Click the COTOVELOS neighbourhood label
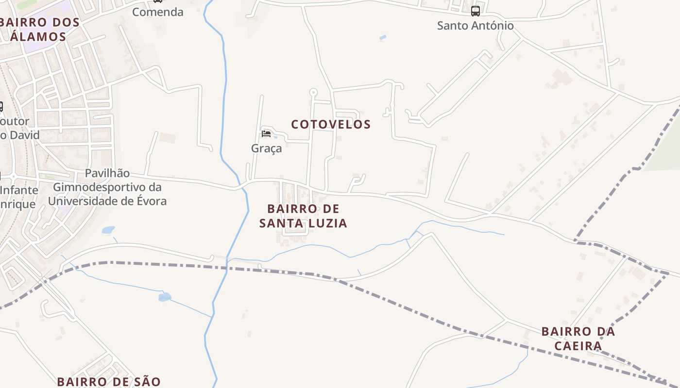coord(331,125)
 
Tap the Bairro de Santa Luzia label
coord(303,216)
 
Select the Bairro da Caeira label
coord(578,339)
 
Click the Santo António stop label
coord(475,26)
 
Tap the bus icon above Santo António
coord(475,11)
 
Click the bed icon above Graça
coord(266,134)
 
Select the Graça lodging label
coord(266,148)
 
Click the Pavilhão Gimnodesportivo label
coord(107,187)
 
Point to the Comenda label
coord(158,12)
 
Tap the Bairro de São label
coord(108,382)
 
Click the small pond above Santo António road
coord(383,37)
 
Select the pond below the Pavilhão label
coord(108,230)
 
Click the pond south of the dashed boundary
coord(165,296)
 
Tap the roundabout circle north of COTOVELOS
coord(313,92)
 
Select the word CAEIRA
coord(578,346)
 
